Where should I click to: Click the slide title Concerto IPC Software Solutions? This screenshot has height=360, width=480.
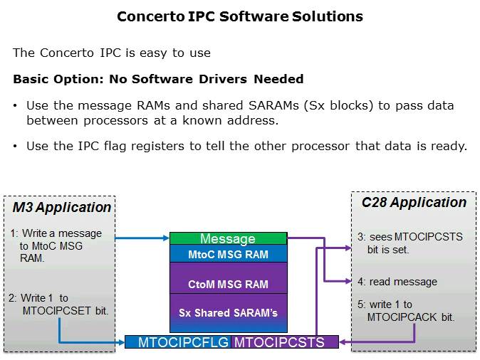click(239, 16)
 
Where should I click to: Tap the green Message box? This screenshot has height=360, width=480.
click(228, 238)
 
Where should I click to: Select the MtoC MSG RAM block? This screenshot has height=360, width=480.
click(228, 254)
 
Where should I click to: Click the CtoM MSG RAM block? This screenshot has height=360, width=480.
click(228, 284)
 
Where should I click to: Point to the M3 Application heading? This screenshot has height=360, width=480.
click(62, 208)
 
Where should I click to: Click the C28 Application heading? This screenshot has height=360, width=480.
click(414, 203)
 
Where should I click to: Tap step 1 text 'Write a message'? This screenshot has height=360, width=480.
click(56, 233)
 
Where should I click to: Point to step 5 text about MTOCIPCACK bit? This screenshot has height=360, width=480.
click(405, 311)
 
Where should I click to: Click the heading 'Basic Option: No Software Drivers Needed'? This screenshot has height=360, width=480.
click(158, 79)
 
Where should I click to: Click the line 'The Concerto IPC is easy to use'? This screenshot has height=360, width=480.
click(111, 53)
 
